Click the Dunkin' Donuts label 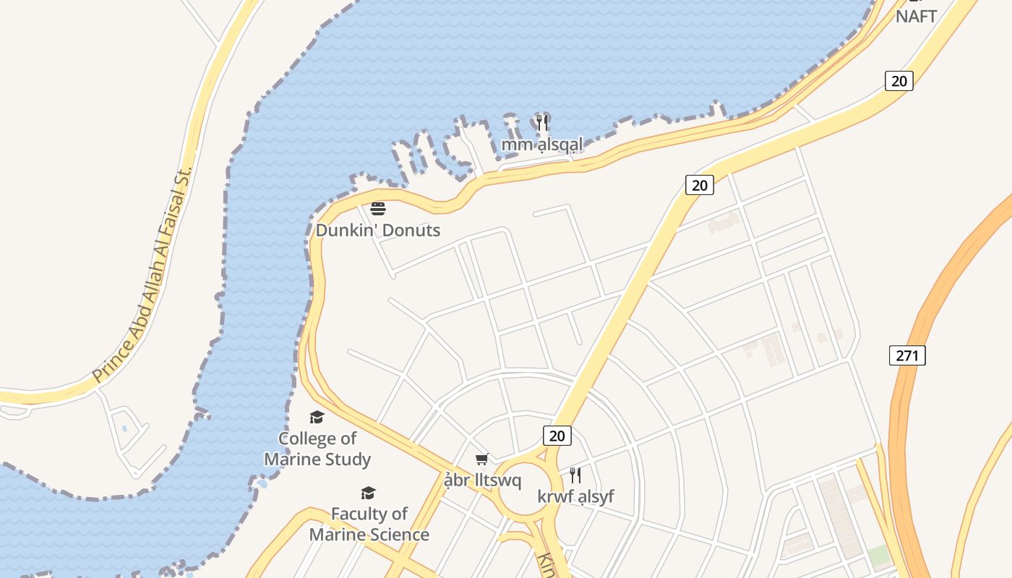(378, 230)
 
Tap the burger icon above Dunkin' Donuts (378, 210)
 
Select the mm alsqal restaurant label (542, 145)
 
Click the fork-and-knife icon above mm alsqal (542, 122)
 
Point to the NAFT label (916, 16)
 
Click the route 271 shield (907, 355)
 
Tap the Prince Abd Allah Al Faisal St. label (142, 275)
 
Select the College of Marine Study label (317, 449)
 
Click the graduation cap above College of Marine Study (317, 417)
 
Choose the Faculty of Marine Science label (369, 524)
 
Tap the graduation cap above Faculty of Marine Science (369, 493)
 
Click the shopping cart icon (482, 459)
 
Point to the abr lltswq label (482, 480)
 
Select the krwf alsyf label (575, 496)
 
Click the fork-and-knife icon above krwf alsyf (575, 475)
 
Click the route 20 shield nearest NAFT (899, 81)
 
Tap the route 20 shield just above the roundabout (557, 436)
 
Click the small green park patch (879, 556)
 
